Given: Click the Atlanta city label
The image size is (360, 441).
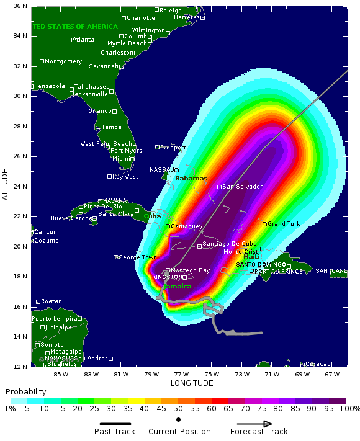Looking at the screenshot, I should point(84,40).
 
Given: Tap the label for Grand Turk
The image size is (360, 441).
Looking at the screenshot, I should point(284,223).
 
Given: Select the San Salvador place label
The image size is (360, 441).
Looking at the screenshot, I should point(242,187).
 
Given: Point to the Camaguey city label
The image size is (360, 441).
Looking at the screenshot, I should point(187,226).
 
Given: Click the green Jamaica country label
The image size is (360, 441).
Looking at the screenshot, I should point(177,287).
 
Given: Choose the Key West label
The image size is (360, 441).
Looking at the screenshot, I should point(126,177).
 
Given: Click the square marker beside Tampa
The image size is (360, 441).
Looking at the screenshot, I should point(98,127).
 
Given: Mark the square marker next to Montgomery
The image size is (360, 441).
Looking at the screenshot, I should point(42,61).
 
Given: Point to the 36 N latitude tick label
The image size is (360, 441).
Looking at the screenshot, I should point(20,6).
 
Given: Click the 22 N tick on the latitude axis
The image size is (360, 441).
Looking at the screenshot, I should point(20,216).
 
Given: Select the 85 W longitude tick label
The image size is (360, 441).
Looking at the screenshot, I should point(61,374).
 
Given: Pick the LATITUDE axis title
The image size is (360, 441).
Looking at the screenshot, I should point(6,186).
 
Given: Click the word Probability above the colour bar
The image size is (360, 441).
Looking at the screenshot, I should point(25,392).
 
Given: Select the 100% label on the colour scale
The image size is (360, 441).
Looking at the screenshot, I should point(349,409).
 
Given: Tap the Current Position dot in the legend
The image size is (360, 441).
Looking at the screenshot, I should point(179,420).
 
